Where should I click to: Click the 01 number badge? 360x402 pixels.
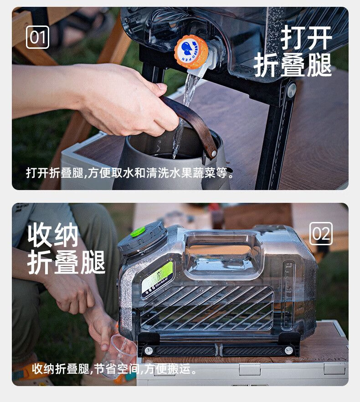37,37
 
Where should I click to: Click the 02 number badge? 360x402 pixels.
321,233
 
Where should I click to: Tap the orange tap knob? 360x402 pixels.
191,52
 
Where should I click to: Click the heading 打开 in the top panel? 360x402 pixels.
306,38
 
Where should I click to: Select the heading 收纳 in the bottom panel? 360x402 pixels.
53,235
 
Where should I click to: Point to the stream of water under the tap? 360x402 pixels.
184,113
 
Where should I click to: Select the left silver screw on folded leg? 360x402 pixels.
148,350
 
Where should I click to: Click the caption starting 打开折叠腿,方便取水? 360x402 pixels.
130,173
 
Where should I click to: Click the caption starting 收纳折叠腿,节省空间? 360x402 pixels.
114,369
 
